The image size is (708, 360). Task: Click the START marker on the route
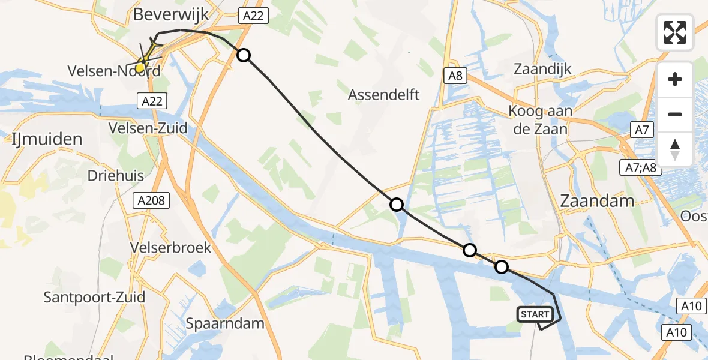pyautogui.click(x=535, y=314)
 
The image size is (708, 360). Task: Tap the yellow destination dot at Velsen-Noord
pyautogui.click(x=140, y=68)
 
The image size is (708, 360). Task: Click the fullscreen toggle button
pyautogui.click(x=675, y=32)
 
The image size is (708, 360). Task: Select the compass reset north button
pyautogui.click(x=675, y=149)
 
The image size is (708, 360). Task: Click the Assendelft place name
pyautogui.click(x=384, y=94)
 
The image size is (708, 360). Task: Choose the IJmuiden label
pyautogui.click(x=47, y=140)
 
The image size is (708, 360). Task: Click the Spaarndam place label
pyautogui.click(x=225, y=323)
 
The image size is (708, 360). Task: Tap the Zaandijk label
pyautogui.click(x=542, y=68)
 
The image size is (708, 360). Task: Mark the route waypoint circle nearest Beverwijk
pyautogui.click(x=244, y=55)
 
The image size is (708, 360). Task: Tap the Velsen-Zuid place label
pyautogui.click(x=148, y=128)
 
